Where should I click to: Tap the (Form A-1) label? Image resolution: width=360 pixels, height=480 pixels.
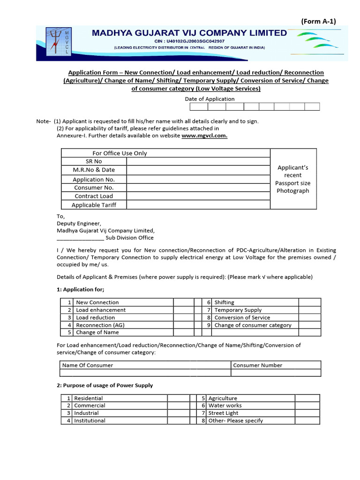(x=318, y=21)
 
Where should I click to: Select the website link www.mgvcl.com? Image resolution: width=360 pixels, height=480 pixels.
(x=204, y=135)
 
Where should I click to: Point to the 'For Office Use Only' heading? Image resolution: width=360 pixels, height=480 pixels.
(x=120, y=153)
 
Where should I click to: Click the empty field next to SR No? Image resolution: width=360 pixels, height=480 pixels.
(x=198, y=161)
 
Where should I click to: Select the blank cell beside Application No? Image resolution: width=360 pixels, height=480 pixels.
(x=198, y=179)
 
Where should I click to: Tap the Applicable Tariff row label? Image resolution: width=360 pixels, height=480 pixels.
(x=94, y=205)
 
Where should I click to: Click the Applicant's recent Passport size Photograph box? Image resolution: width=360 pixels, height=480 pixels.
(x=292, y=179)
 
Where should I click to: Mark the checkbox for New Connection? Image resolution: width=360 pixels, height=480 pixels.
(x=183, y=302)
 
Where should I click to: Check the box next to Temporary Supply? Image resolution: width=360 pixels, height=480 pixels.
(x=309, y=310)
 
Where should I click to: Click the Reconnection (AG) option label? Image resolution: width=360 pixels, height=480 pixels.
(x=100, y=325)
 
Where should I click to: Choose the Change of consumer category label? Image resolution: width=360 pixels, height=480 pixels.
(x=253, y=325)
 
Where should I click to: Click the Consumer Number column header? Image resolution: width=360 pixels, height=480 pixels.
(x=258, y=365)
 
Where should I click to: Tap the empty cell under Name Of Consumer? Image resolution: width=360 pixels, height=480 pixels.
(x=145, y=373)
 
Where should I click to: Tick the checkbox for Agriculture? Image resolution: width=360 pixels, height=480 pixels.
(x=307, y=398)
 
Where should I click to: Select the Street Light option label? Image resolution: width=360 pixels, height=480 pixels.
(x=223, y=413)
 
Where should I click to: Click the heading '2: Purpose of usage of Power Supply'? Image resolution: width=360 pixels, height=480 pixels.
(x=105, y=385)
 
